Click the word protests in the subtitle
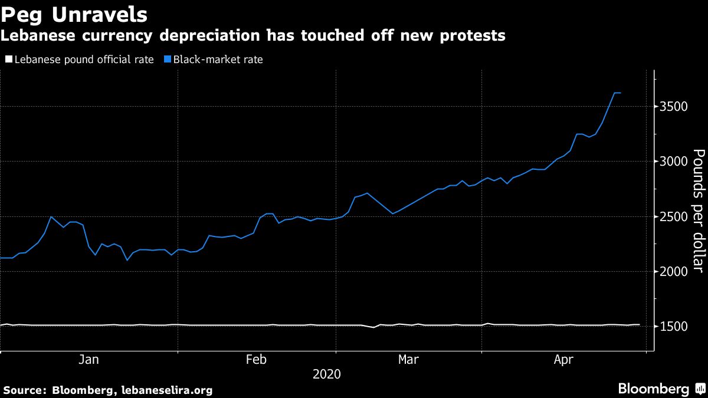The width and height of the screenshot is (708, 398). pos(472,36)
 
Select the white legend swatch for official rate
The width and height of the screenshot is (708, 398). pos(8,59)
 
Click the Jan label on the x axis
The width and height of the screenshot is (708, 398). pos(88,359)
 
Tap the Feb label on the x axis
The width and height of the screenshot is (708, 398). pos(257,359)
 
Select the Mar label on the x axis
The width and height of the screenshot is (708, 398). pos(409,359)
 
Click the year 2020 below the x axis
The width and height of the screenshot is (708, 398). pos(326,374)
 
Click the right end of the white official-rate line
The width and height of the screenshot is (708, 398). pos(640,324)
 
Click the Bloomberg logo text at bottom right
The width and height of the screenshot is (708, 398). pos(653,389)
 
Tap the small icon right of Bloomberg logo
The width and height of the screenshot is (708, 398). pos(700,389)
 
